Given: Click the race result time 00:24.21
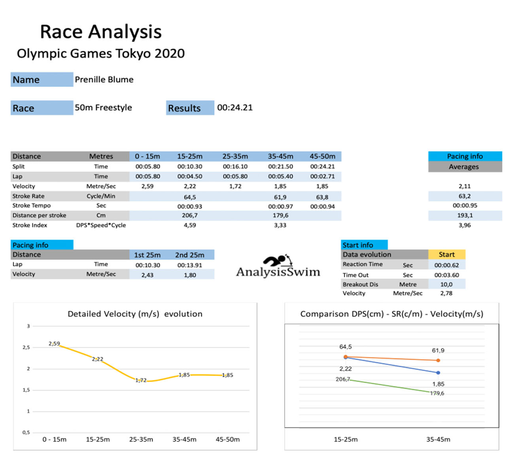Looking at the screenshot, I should [x=235, y=107].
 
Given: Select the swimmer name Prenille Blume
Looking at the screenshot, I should [x=104, y=79].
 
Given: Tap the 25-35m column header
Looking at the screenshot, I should [x=235, y=156].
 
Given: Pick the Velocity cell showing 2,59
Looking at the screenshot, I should [x=148, y=186].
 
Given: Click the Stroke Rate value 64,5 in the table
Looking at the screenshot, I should [x=190, y=197].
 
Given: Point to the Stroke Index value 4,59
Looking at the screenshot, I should [x=190, y=225].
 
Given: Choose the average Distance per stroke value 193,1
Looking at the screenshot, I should [x=465, y=215].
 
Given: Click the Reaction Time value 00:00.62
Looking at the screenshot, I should [x=446, y=265].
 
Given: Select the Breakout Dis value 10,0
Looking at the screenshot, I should [x=446, y=284].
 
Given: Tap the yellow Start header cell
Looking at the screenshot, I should [x=446, y=254].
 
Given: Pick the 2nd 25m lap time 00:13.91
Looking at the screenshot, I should [x=190, y=265].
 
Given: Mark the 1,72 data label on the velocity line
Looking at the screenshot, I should [x=141, y=380].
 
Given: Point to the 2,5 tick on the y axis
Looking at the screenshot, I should [x=26, y=347].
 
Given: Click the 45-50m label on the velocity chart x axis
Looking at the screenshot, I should [x=227, y=439].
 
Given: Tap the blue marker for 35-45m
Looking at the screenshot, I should [x=438, y=372].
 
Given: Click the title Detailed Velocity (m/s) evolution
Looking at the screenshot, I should [x=135, y=314].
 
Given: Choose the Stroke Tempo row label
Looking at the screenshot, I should [x=32, y=205].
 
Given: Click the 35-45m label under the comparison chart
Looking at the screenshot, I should [x=438, y=439].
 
